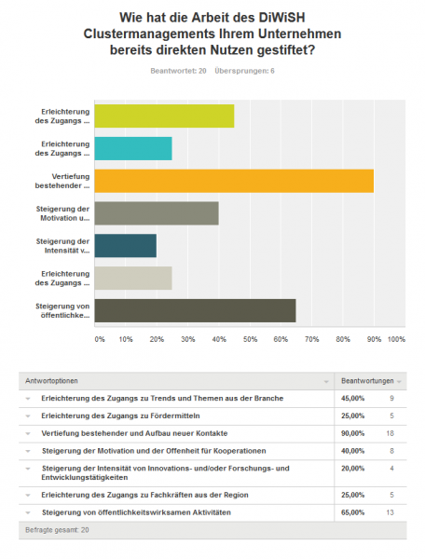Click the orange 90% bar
[x=234, y=181]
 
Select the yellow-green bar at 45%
[x=164, y=116]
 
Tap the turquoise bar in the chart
[x=133, y=148]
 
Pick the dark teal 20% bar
[x=126, y=246]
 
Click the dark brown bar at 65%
[x=195, y=310]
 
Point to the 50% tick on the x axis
[x=250, y=339]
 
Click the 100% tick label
[x=396, y=339]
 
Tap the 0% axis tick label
[x=100, y=339]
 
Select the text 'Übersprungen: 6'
[x=244, y=71]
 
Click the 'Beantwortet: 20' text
[x=178, y=71]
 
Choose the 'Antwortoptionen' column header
[x=51, y=381]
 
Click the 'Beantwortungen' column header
[x=367, y=381]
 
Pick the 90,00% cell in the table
[x=352, y=433]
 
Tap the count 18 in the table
[x=391, y=433]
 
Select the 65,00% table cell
[x=352, y=512]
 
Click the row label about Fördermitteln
[x=120, y=416]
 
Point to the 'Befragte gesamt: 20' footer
[x=57, y=530]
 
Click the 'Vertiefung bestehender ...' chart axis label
[x=62, y=181]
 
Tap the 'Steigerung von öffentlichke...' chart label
[x=62, y=310]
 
